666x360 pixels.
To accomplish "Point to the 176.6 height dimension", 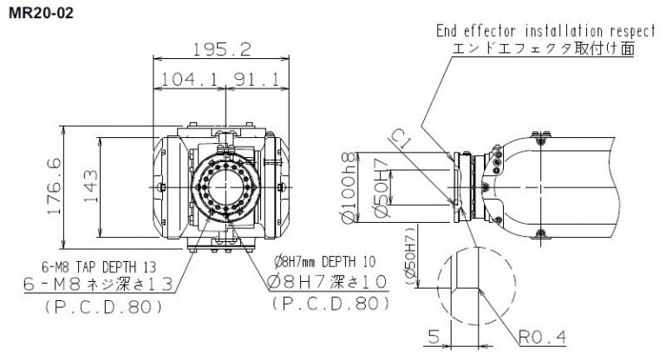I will pyautogui.click(x=53, y=187).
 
